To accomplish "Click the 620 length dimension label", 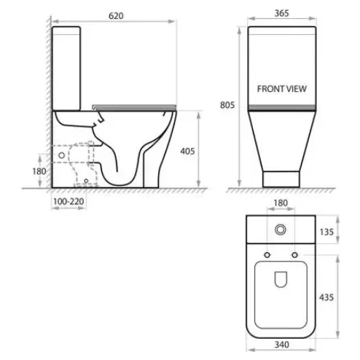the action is pyautogui.click(x=116, y=16).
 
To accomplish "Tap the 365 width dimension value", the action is pyautogui.click(x=282, y=13).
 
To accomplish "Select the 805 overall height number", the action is pyautogui.click(x=227, y=105).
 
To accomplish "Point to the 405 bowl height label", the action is pyautogui.click(x=187, y=151).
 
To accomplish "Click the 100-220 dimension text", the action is pyautogui.click(x=69, y=201).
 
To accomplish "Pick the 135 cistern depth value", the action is pyautogui.click(x=326, y=232).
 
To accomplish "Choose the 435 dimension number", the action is pyautogui.click(x=326, y=297).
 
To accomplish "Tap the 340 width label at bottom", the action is pyautogui.click(x=282, y=345).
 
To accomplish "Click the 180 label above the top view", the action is pyautogui.click(x=281, y=203).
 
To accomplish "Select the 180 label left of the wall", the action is pyautogui.click(x=39, y=171).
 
